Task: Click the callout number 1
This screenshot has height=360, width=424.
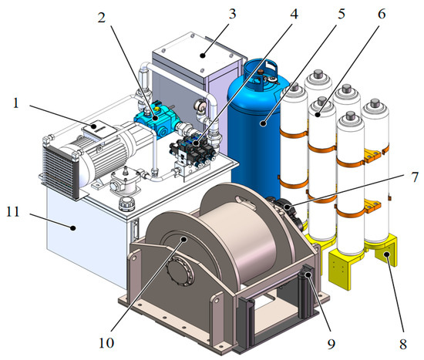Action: click(16, 103)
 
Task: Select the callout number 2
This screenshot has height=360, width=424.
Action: click(102, 18)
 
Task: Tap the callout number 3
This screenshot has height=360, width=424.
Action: click(232, 14)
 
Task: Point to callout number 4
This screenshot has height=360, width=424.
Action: click(294, 14)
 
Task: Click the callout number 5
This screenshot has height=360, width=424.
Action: click(342, 14)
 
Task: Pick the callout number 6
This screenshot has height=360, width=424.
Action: click(382, 14)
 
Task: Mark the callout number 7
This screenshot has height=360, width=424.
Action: click(415, 177)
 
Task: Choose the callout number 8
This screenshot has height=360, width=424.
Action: click(403, 344)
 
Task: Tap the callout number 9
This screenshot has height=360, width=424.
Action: click(331, 344)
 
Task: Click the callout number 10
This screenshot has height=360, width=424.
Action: click(106, 343)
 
